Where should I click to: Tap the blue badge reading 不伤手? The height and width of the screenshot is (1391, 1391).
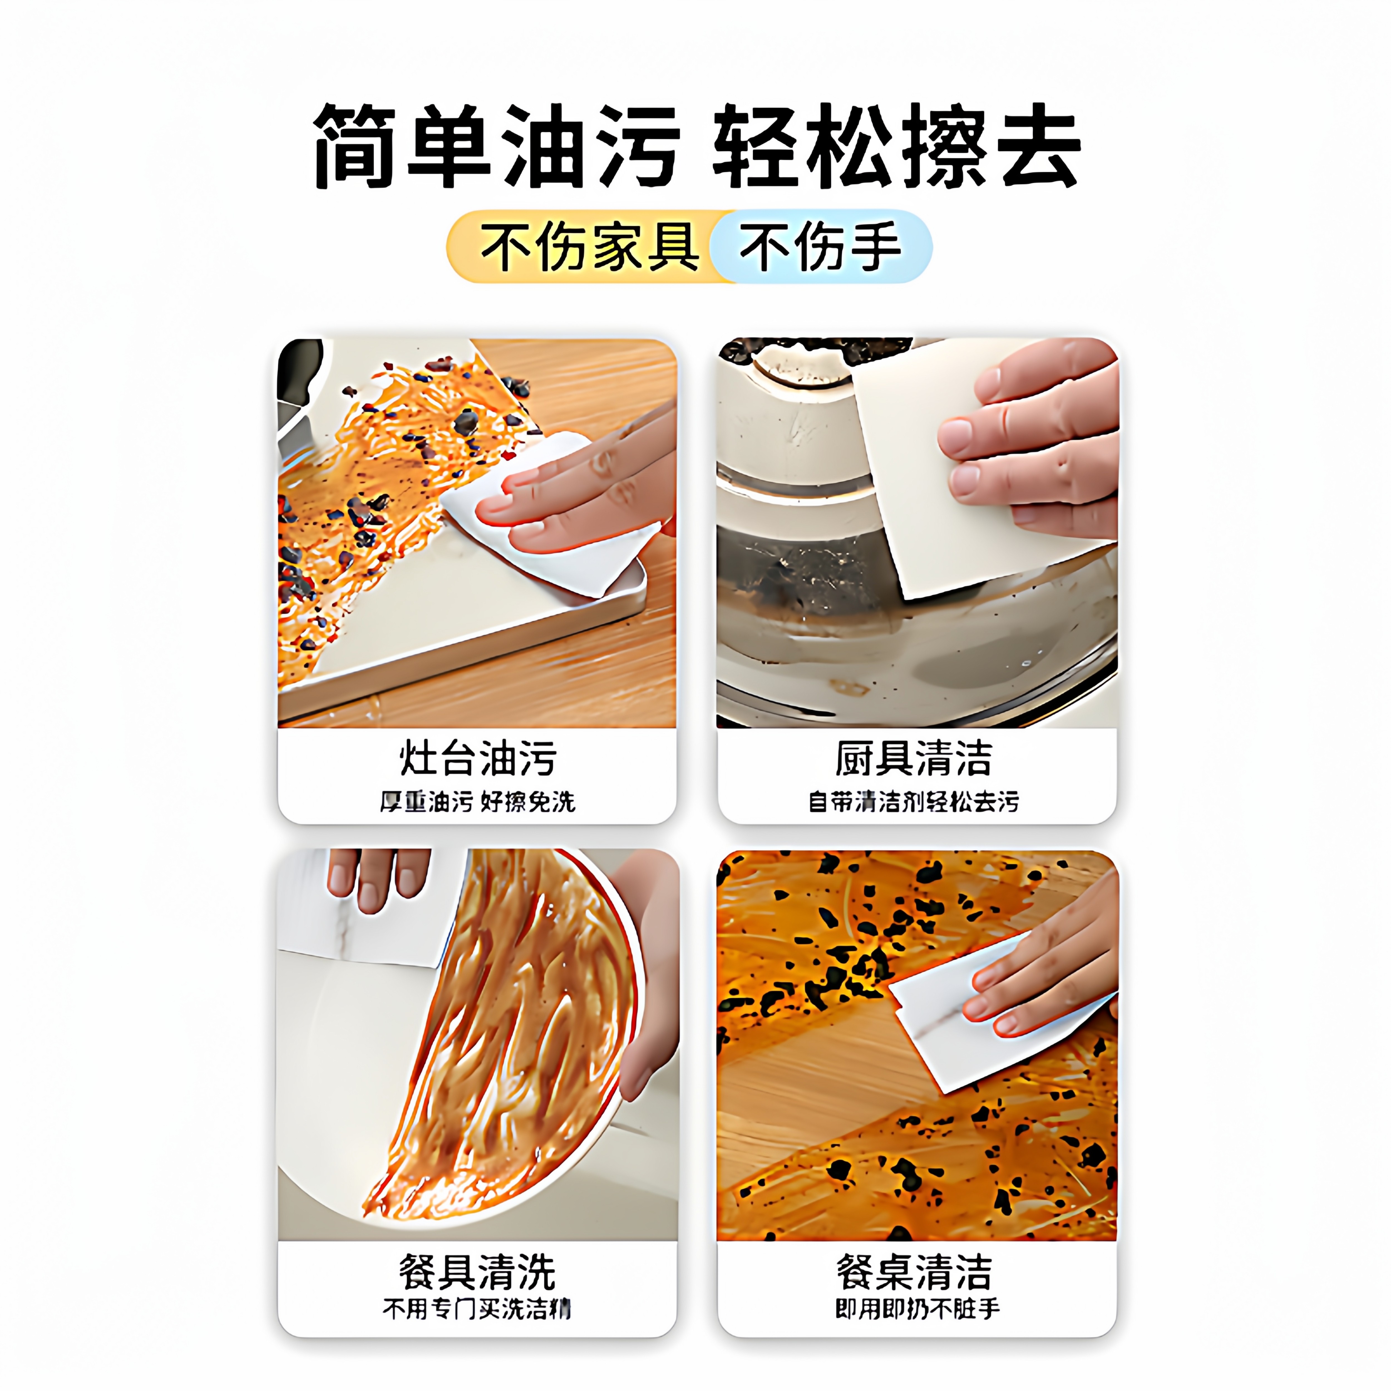click(819, 246)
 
